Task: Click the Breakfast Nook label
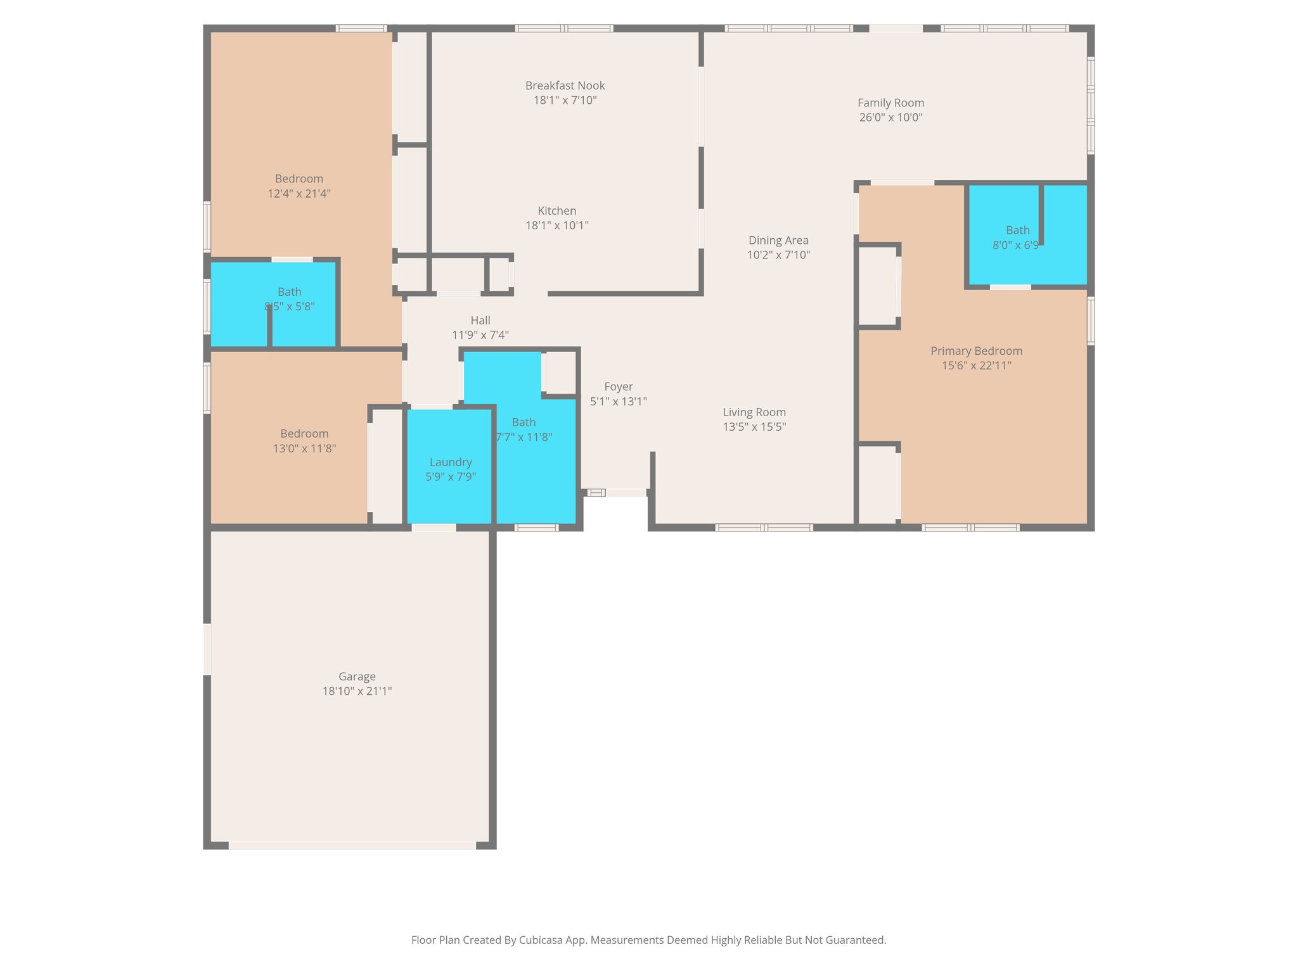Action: [565, 86]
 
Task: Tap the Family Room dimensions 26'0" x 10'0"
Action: [890, 117]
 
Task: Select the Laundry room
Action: [450, 469]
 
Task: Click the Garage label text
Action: [357, 677]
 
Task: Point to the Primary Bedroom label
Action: [976, 351]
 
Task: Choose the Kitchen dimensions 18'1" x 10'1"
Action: [556, 225]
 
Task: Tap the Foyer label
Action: [618, 386]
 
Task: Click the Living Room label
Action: [754, 412]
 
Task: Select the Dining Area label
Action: [778, 240]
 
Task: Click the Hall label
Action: [480, 321]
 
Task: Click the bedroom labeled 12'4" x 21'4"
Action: [299, 186]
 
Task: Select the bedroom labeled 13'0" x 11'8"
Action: [304, 441]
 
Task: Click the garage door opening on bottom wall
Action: [352, 845]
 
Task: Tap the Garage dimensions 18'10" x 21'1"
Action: [357, 691]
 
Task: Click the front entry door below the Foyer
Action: [626, 492]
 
